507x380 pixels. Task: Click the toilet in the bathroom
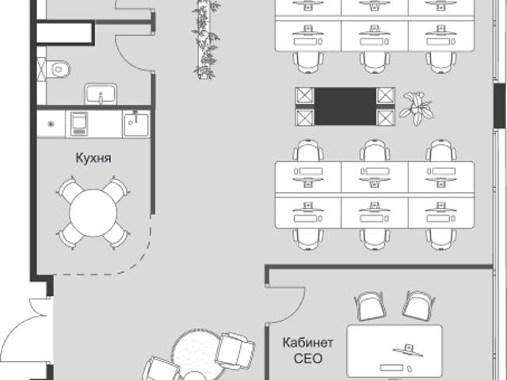click(x=58, y=69)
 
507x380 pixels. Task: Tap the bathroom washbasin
click(x=101, y=94)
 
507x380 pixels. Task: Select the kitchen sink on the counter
click(x=136, y=124)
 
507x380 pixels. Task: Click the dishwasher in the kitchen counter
click(x=79, y=123)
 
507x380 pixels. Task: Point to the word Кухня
click(x=93, y=159)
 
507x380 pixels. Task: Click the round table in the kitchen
click(x=93, y=213)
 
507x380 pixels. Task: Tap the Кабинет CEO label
click(x=307, y=351)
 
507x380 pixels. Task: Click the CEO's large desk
click(x=395, y=351)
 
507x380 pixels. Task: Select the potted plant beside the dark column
click(x=417, y=108)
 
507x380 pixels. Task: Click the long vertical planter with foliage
click(x=206, y=39)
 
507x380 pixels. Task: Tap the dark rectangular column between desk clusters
click(x=345, y=106)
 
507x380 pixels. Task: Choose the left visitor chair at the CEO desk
click(x=370, y=306)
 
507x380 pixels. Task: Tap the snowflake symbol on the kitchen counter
click(x=51, y=124)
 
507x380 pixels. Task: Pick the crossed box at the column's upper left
click(x=304, y=96)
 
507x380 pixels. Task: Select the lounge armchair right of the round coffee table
click(x=235, y=351)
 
